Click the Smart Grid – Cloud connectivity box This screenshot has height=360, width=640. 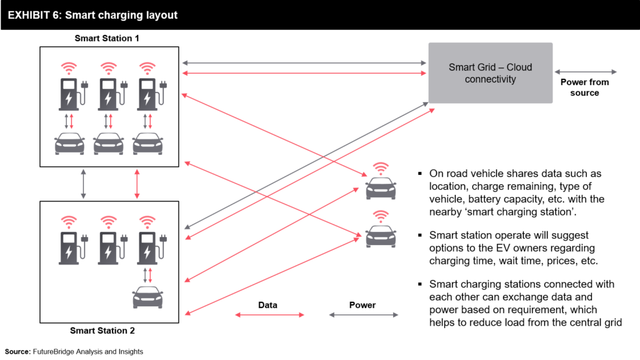pos(490,72)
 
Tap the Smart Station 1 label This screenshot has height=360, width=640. pos(107,38)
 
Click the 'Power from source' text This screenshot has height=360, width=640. pos(584,87)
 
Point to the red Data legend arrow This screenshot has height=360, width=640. pos(267,315)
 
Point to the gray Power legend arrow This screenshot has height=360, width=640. pos(362,315)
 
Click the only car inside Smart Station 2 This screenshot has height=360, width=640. pos(147,297)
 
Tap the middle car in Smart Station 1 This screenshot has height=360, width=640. pos(109,143)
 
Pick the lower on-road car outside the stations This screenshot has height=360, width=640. pos(380,237)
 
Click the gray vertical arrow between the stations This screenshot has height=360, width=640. pos(83,184)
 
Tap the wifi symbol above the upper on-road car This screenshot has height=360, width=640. pos(380,168)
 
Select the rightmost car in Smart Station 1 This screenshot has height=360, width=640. pos(147,143)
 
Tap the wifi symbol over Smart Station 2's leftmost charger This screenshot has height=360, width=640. pos(69,221)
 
